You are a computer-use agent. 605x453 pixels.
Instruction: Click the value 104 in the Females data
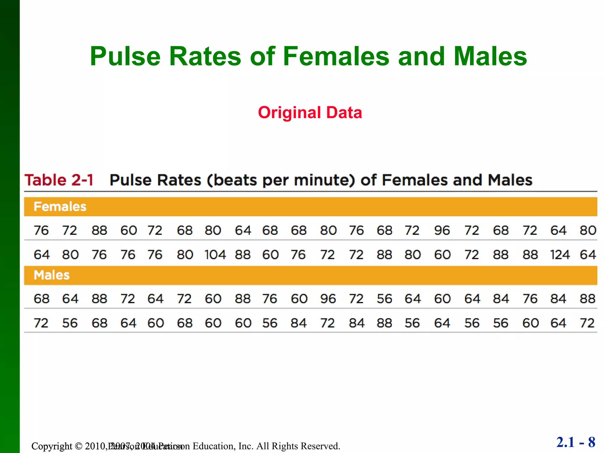pos(215,255)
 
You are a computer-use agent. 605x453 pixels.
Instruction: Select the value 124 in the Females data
pos(560,255)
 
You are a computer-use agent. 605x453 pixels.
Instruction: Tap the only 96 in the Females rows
pos(442,230)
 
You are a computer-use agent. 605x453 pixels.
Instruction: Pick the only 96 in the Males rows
pos(328,299)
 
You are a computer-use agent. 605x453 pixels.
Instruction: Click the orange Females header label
pos(60,206)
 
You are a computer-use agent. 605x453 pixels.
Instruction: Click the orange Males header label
pos(52,275)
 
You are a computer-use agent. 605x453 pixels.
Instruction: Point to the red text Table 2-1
pos(59,180)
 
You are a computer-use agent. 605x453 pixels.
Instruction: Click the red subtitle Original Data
pos(310,113)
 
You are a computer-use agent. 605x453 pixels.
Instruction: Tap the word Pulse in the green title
pos(125,56)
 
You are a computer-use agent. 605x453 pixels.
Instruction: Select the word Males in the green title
pos(490,56)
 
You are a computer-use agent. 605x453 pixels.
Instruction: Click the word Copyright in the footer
pos(52,446)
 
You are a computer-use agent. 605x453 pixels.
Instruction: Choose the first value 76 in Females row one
pos(41,230)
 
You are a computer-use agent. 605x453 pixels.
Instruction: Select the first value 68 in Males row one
pos(41,299)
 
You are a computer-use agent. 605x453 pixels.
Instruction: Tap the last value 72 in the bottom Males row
pos(587,323)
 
